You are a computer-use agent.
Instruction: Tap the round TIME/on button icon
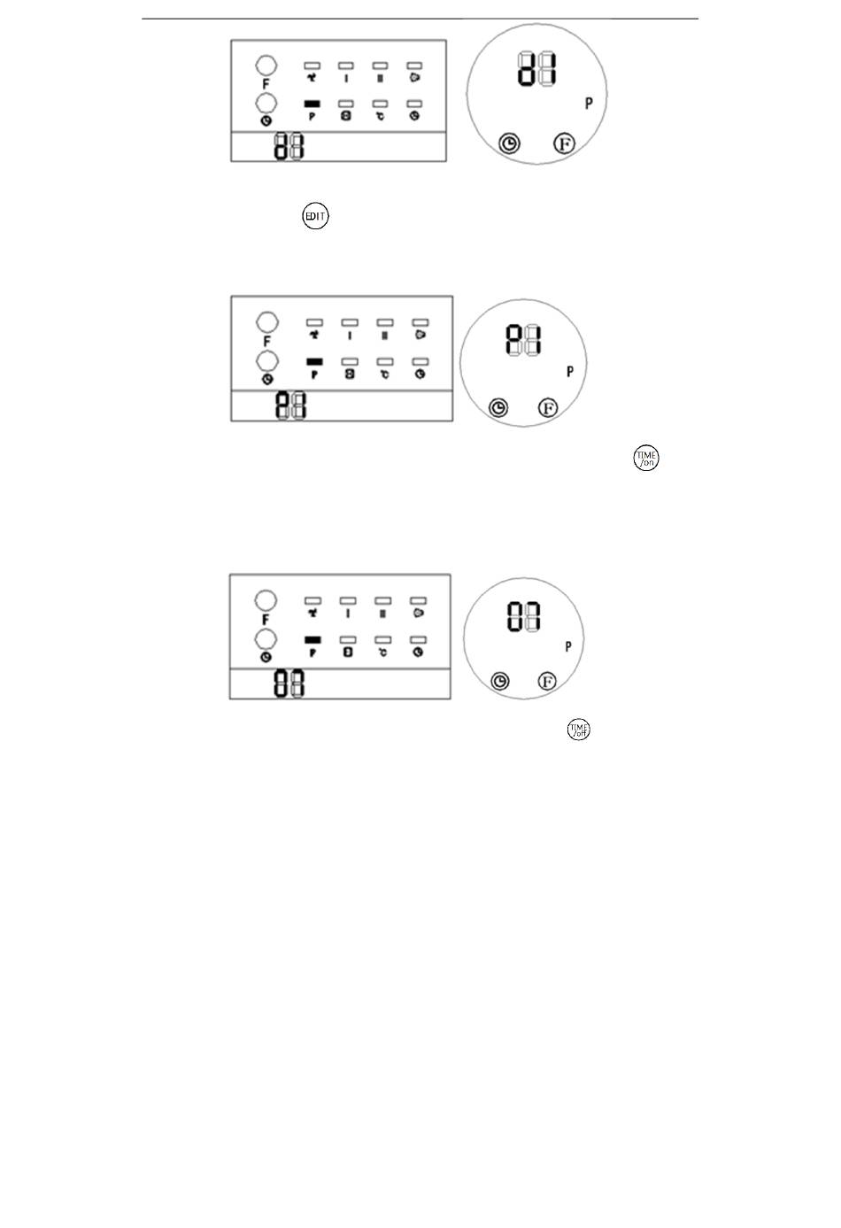click(646, 459)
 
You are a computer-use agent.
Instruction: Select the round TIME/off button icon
click(579, 730)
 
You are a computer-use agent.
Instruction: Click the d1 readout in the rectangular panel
click(289, 146)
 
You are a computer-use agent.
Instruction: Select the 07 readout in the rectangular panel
click(289, 684)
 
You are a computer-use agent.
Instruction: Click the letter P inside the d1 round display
click(589, 104)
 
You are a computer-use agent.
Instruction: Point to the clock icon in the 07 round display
click(501, 681)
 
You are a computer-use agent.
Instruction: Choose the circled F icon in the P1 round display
click(549, 407)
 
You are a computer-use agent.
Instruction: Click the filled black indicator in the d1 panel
click(312, 104)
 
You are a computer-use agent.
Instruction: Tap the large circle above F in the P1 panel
click(266, 321)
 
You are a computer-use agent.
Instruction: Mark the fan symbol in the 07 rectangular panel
click(312, 612)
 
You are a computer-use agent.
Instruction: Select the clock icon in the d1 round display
click(509, 143)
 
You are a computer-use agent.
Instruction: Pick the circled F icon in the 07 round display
click(548, 681)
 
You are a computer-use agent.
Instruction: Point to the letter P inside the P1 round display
click(569, 372)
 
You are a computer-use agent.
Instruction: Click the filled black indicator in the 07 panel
click(312, 639)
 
